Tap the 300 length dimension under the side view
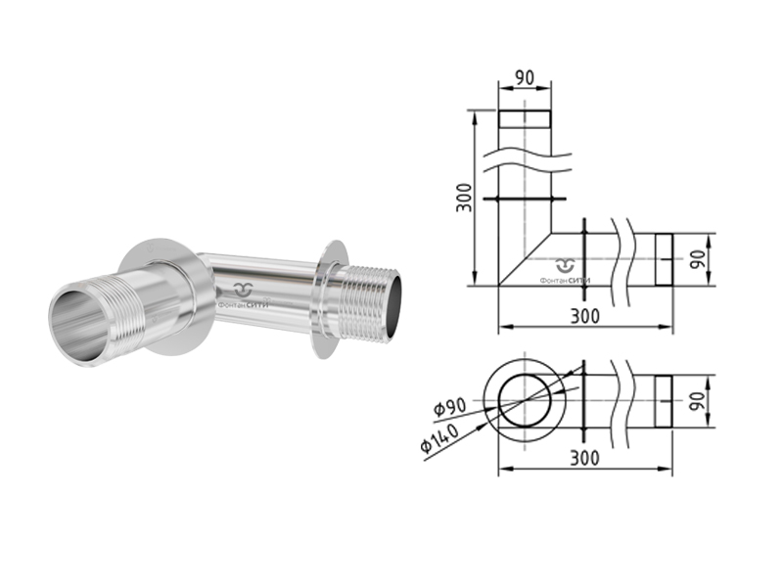point(584,315)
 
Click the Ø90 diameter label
point(449,408)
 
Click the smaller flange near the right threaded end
point(329,299)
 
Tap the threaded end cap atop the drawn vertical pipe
point(525,120)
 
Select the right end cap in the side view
point(664,259)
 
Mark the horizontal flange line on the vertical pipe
point(525,200)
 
